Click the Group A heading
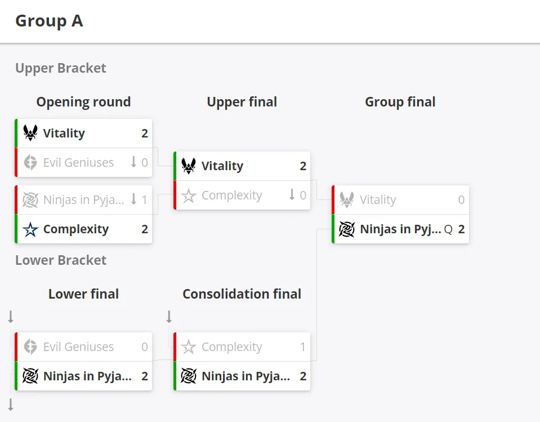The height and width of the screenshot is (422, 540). (x=49, y=21)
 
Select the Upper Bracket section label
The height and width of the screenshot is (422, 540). (x=61, y=68)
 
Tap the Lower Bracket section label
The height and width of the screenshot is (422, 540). (x=61, y=260)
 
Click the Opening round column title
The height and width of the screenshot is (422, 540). (x=84, y=102)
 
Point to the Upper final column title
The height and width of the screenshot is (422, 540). (x=242, y=102)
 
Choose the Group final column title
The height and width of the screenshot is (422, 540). (x=400, y=102)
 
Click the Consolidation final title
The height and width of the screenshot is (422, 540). (x=242, y=294)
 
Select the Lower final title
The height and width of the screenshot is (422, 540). (x=84, y=294)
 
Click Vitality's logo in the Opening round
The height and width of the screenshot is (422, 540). (x=30, y=133)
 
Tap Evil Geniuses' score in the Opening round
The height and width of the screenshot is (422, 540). (x=145, y=163)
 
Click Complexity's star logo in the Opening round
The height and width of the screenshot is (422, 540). (x=30, y=229)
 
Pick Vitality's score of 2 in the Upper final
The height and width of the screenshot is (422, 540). (x=303, y=166)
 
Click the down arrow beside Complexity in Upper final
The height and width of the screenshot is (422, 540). (x=292, y=194)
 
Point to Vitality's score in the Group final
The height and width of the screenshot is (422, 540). (x=462, y=200)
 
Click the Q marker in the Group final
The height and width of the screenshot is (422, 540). (x=448, y=229)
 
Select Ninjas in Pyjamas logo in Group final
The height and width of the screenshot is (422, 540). (x=347, y=229)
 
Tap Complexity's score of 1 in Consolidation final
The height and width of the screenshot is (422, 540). (x=303, y=347)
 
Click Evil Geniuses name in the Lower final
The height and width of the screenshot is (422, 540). (x=78, y=347)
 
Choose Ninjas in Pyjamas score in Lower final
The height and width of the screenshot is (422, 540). (x=145, y=376)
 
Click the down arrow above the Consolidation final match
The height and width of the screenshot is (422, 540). (x=169, y=317)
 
